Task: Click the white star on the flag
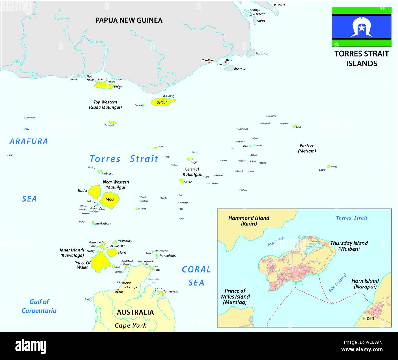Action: click(x=362, y=28)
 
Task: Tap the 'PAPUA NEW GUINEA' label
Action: click(x=129, y=20)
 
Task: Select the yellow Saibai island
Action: click(x=162, y=102)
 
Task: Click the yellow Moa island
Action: click(x=110, y=199)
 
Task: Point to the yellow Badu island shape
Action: click(x=95, y=192)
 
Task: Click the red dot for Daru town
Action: click(x=226, y=62)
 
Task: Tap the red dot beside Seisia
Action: click(x=123, y=283)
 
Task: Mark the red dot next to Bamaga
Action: click(x=126, y=288)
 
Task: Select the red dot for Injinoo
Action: click(x=118, y=290)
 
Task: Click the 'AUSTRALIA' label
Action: click(x=135, y=312)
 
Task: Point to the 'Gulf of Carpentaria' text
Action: click(x=39, y=306)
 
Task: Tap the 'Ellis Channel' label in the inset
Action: click(x=338, y=283)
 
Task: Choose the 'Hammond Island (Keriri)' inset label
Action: click(x=249, y=221)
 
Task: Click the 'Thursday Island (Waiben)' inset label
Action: click(x=349, y=246)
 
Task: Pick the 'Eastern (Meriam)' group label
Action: click(x=307, y=148)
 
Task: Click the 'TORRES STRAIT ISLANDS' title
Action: click(x=362, y=58)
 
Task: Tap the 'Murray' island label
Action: click(x=334, y=167)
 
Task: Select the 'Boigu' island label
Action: click(x=118, y=87)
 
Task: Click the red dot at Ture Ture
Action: click(x=209, y=63)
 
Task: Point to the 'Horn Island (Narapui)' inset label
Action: click(x=365, y=284)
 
